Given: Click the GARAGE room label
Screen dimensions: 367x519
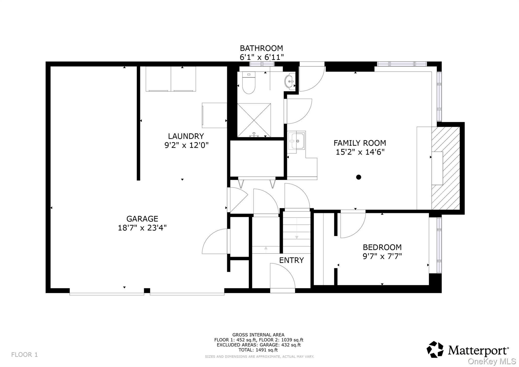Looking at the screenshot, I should [x=142, y=219].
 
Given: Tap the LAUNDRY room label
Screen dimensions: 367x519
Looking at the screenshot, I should [x=186, y=136].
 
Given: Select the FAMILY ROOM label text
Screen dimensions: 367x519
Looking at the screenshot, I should [x=359, y=143].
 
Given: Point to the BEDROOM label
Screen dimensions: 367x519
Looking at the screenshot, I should [x=382, y=247].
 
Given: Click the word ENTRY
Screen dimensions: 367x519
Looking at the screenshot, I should [x=291, y=260].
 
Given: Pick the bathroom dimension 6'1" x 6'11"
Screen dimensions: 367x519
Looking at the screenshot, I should [x=262, y=57].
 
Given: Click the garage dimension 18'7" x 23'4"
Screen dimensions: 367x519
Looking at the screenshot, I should [x=142, y=228].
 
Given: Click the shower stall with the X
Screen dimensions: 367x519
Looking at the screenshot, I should [x=254, y=120].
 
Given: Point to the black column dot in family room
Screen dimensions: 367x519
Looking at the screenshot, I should [x=358, y=177].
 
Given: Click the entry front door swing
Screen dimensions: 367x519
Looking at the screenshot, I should [x=282, y=276].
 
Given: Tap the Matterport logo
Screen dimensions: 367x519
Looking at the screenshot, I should [x=467, y=350].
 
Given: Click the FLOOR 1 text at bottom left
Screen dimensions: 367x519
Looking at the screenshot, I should [x=24, y=355].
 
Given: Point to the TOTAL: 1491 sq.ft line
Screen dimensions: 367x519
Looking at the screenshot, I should [x=258, y=350].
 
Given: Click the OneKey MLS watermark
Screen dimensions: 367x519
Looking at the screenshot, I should [x=492, y=361].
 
